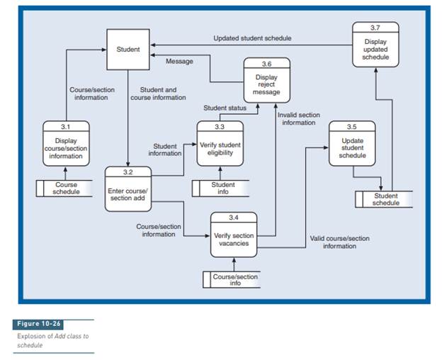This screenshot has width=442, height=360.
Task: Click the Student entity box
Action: pyautogui.click(x=128, y=50)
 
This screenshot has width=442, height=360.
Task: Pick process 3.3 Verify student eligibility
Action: pyautogui.click(x=220, y=144)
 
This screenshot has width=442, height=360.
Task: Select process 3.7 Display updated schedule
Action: pyautogui.click(x=375, y=45)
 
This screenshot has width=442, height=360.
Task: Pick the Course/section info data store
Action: pyautogui.click(x=233, y=279)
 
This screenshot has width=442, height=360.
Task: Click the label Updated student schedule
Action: pyautogui.click(x=253, y=38)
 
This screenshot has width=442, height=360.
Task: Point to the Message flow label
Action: pyautogui.click(x=179, y=61)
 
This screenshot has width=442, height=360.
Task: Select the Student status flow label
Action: pyautogui.click(x=225, y=108)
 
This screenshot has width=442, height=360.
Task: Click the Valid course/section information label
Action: pyautogui.click(x=340, y=242)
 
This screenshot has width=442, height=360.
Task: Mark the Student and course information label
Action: pyautogui.click(x=159, y=94)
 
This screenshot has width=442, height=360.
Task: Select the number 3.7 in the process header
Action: pyautogui.click(x=375, y=27)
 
